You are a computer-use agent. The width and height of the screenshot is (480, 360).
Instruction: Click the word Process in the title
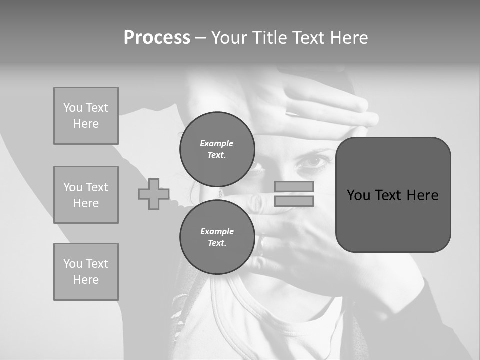(x=157, y=38)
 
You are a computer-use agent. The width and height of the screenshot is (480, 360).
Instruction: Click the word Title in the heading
(x=270, y=38)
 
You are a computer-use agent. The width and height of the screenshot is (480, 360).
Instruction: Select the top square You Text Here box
(x=86, y=116)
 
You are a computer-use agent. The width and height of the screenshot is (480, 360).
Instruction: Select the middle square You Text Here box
(x=86, y=195)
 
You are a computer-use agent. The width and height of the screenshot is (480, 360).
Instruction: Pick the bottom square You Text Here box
(x=86, y=272)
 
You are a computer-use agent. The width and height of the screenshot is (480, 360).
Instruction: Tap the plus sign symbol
(x=154, y=194)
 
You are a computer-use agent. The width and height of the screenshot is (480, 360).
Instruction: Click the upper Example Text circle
(x=217, y=149)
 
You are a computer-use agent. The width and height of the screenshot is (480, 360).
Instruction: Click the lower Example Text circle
(x=217, y=237)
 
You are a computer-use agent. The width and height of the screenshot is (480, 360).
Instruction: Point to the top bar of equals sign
(x=294, y=187)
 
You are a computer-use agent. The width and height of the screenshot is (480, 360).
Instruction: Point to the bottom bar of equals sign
(x=294, y=201)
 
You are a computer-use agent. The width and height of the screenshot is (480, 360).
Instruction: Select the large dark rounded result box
(x=393, y=195)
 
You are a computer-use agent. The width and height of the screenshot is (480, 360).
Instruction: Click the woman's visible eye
(x=313, y=161)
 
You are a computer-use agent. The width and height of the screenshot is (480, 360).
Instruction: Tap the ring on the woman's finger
(x=260, y=244)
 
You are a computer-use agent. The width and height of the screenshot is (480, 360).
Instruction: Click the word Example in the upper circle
(x=217, y=143)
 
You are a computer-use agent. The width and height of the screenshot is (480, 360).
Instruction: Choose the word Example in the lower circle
(x=217, y=231)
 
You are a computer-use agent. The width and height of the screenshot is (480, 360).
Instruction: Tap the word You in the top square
(x=73, y=108)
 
